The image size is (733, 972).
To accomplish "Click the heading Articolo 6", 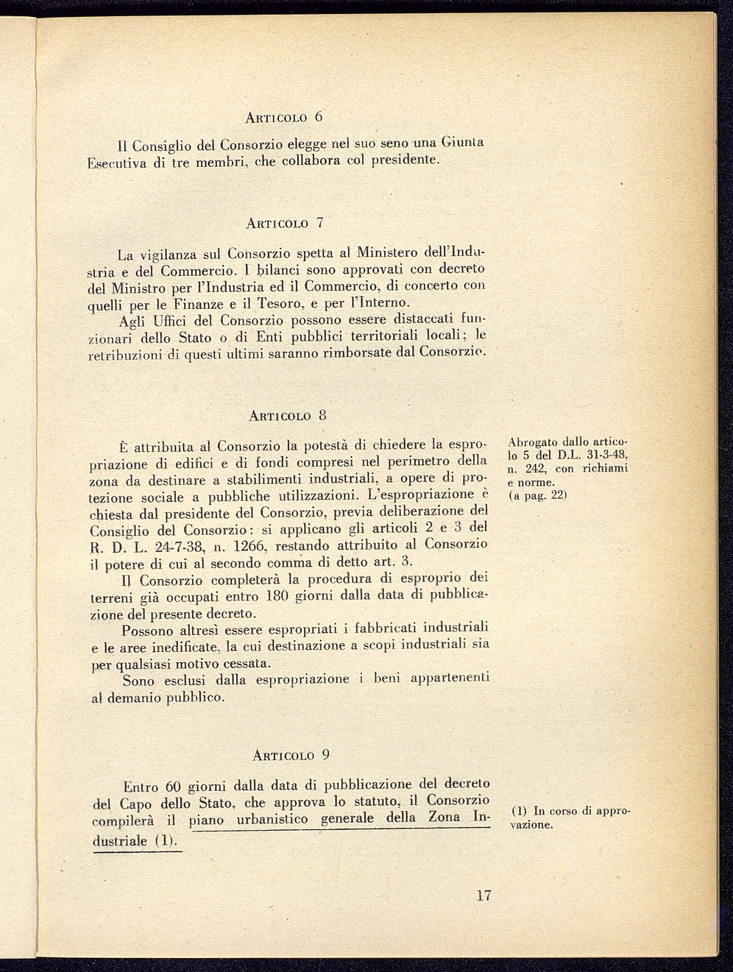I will coord(284,118).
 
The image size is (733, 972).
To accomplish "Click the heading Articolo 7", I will coord(285,222).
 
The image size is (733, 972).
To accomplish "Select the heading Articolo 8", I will coord(287,416).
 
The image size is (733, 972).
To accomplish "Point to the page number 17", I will coord(483,896).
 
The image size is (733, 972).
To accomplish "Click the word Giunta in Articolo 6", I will coord(462,142).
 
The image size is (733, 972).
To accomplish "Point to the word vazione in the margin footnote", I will coord(531,825).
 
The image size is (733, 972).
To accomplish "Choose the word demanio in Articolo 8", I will coord(130,698).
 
